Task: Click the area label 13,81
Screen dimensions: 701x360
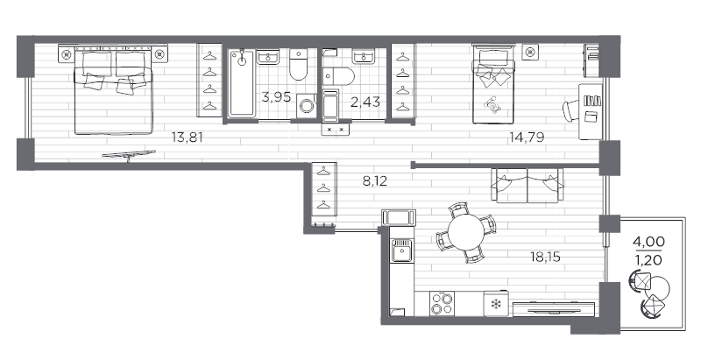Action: tap(188, 138)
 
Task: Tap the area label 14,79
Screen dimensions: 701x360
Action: tap(527, 138)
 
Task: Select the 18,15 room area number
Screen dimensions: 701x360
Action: tap(545, 257)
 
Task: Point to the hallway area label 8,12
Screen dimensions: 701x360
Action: tap(375, 181)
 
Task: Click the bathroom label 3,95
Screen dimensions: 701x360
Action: tap(276, 96)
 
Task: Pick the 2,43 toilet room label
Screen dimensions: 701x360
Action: tap(365, 102)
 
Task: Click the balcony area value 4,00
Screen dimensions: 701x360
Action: tap(648, 242)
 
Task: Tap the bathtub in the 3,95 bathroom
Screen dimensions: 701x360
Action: tap(242, 83)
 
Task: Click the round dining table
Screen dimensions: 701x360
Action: tap(466, 232)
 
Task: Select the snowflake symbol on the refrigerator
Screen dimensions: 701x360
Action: tap(495, 305)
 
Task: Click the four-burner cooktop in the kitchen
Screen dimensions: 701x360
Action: tap(442, 303)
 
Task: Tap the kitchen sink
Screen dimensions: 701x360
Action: tap(402, 251)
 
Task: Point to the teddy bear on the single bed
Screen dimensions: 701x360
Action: tap(492, 105)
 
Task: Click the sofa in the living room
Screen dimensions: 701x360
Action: tap(528, 185)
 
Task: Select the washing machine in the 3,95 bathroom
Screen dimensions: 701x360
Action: tap(307, 106)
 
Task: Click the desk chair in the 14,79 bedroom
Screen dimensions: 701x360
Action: tap(570, 110)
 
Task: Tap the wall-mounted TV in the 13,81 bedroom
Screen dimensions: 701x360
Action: tap(129, 155)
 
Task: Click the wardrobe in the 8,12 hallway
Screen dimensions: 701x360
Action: tap(324, 189)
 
